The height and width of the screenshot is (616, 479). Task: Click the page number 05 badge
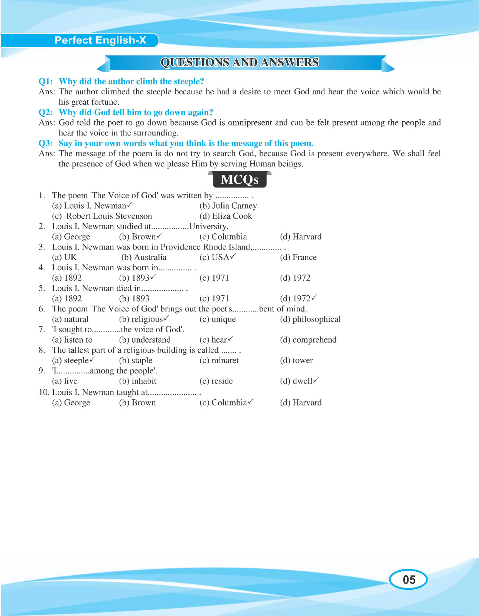(408, 579)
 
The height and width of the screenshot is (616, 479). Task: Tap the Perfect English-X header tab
(100, 40)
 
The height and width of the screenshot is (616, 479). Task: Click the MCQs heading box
(240, 179)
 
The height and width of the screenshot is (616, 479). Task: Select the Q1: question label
(46, 82)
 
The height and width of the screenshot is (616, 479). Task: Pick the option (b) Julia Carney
(228, 206)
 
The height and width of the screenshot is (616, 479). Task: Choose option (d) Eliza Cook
(226, 216)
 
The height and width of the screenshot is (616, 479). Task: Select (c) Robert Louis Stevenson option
(102, 216)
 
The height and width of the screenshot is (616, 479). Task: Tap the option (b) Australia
(144, 258)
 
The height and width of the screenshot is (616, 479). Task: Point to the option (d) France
(298, 258)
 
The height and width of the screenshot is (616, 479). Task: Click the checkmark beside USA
(233, 256)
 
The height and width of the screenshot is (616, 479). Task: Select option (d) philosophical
(310, 320)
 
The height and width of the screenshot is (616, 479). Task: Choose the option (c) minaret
(219, 361)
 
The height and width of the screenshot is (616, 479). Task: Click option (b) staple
(136, 361)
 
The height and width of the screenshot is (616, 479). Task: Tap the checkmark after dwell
(316, 380)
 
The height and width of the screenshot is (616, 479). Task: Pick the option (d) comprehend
(308, 340)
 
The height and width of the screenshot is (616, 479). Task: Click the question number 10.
(43, 392)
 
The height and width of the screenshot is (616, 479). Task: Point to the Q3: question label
(46, 144)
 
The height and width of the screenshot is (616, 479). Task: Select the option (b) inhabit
(138, 381)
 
